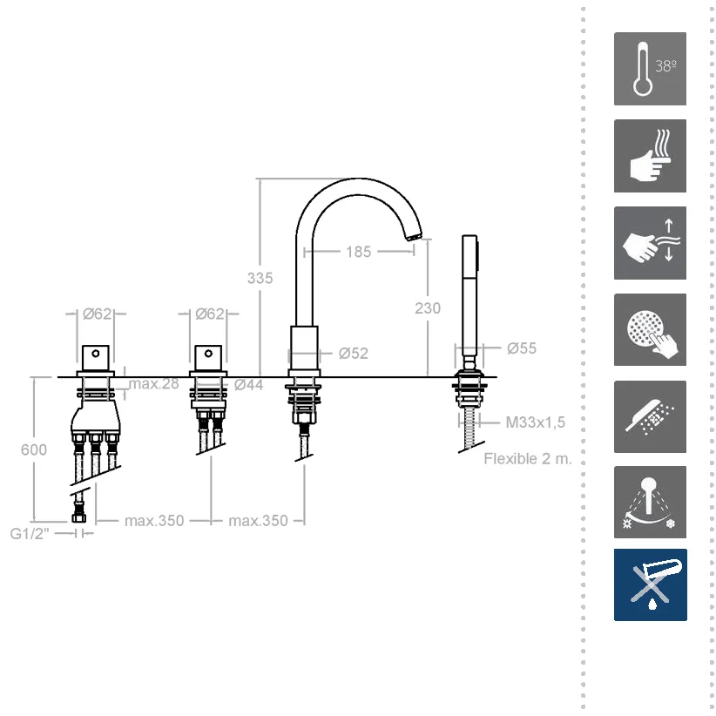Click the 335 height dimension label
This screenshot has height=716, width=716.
pos(260,278)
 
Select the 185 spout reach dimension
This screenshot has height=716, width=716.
pos(359,252)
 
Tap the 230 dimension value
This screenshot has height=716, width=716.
pos(428,308)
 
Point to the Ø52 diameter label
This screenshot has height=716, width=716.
pos(354,354)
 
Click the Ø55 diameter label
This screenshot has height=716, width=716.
pos(522,348)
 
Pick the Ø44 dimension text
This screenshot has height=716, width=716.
pos(249,385)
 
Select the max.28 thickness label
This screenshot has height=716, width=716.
pos(154,383)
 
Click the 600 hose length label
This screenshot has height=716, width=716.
pos(34,449)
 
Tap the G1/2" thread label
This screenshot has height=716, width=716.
pos(30,533)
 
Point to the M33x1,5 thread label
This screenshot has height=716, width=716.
pos(535,422)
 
